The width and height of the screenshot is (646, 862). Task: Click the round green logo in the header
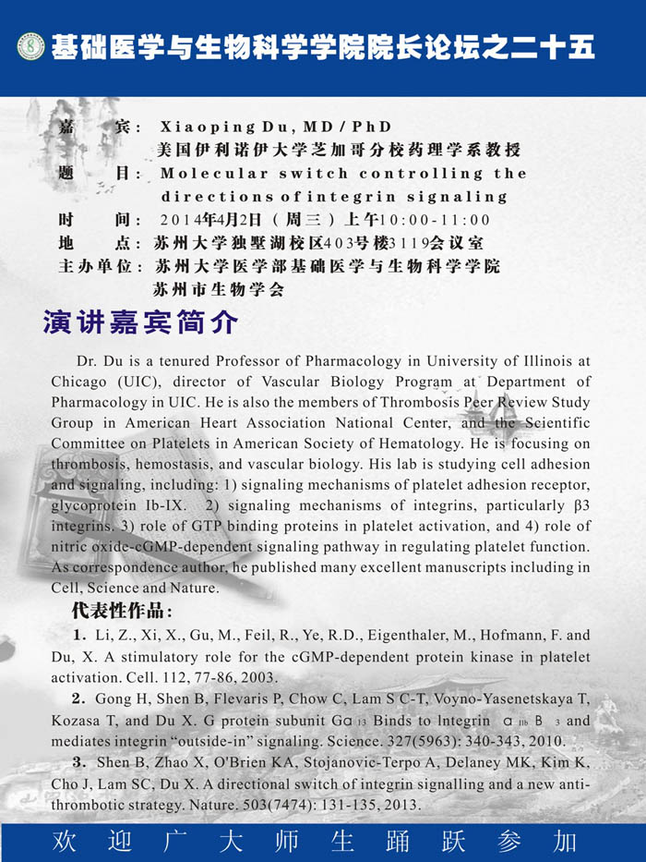tap(30, 46)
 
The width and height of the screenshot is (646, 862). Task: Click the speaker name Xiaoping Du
tap(222, 127)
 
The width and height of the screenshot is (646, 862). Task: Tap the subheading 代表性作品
tap(121, 612)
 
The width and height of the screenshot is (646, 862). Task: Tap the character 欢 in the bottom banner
tap(66, 842)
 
